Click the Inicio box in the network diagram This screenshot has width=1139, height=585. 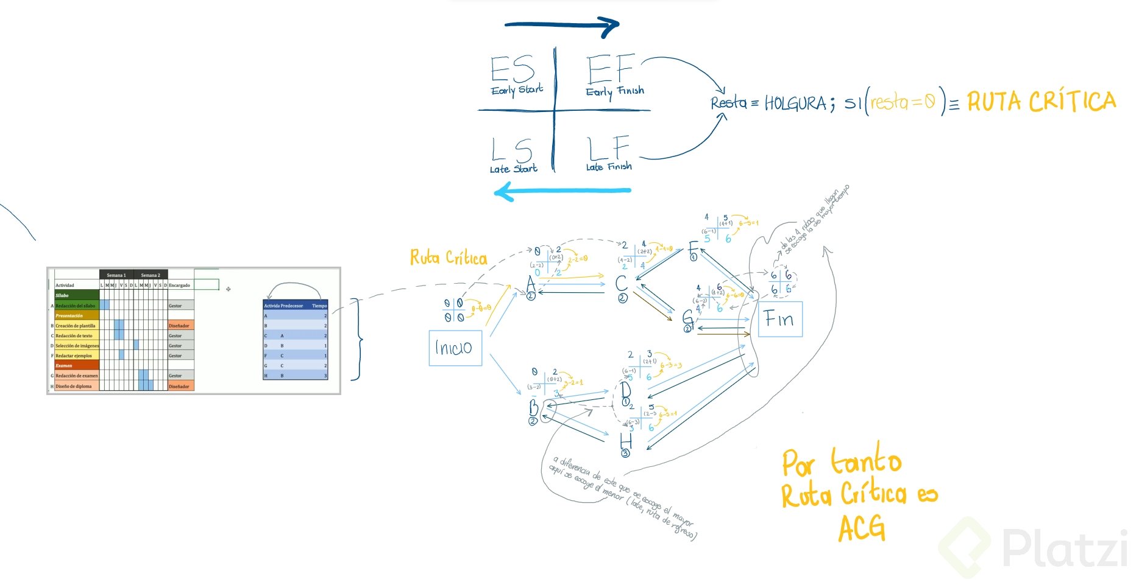[455, 348]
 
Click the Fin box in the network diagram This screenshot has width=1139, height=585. [780, 319]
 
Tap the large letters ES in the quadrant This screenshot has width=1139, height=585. [513, 69]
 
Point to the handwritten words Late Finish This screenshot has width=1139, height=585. [608, 166]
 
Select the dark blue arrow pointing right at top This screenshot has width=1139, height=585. [562, 25]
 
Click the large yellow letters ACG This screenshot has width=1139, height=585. [862, 528]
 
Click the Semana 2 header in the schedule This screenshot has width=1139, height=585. [151, 275]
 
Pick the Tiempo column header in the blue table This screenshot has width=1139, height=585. [319, 306]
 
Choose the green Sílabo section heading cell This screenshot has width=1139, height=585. [76, 295]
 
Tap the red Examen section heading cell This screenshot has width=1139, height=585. [76, 365]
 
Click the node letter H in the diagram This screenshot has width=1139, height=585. [625, 440]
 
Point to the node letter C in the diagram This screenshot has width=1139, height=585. [621, 283]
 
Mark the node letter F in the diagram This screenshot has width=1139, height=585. [693, 247]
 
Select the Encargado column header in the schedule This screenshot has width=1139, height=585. [180, 285]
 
